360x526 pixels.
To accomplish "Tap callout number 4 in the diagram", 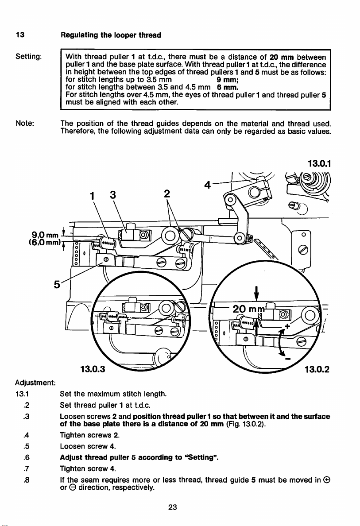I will (x=207, y=183).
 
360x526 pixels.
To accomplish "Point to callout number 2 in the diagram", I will (x=166, y=193).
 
